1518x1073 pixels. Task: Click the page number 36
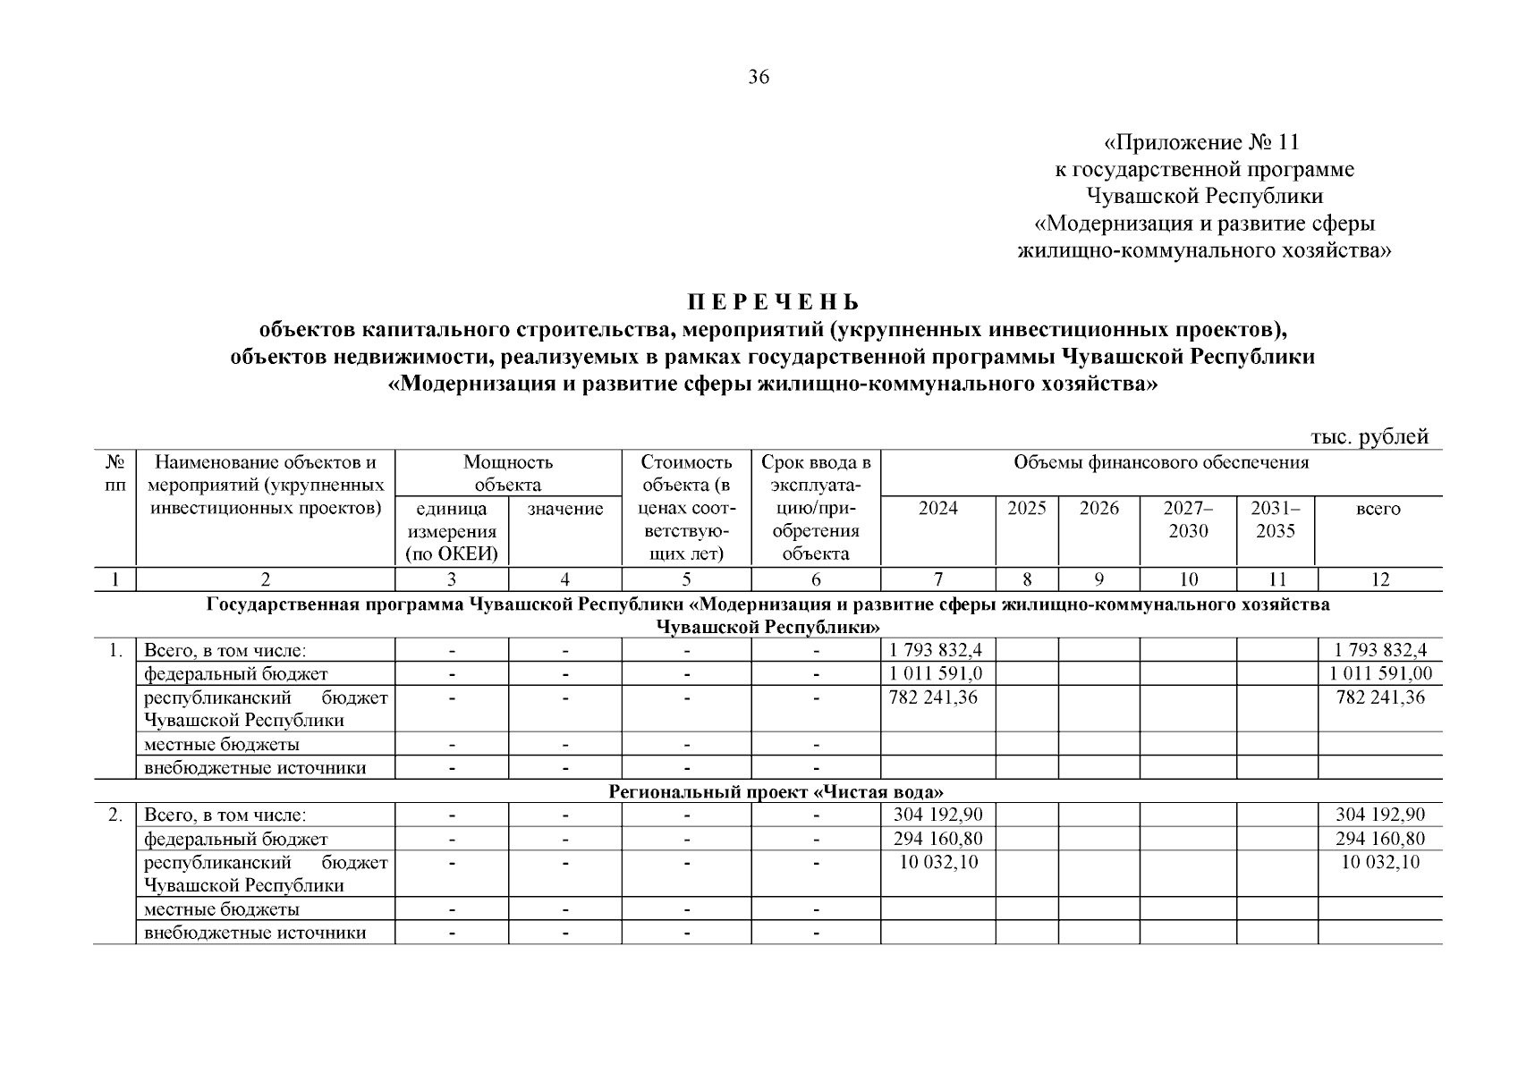pyautogui.click(x=758, y=78)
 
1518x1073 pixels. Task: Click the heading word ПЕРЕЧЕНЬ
pyautogui.click(x=773, y=302)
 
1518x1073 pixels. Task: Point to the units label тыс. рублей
pyautogui.click(x=1370, y=437)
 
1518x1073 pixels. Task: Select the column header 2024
pyautogui.click(x=937, y=509)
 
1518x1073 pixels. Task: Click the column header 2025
pyautogui.click(x=1026, y=509)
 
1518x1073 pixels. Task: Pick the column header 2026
pyautogui.click(x=1098, y=509)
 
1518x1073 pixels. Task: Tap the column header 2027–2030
pyautogui.click(x=1188, y=520)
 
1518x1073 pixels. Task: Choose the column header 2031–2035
pyautogui.click(x=1276, y=520)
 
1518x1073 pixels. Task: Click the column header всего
pyautogui.click(x=1378, y=509)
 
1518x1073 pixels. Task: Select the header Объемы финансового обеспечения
pyautogui.click(x=1160, y=463)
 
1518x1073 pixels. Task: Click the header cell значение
pyautogui.click(x=565, y=509)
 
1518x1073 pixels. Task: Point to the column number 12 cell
pyautogui.click(x=1379, y=579)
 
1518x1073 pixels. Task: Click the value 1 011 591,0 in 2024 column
pyautogui.click(x=937, y=674)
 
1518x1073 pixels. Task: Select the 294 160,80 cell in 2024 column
pyautogui.click(x=937, y=840)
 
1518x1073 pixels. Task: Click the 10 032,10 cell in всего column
pyautogui.click(x=1378, y=863)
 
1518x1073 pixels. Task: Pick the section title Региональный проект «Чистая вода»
pyautogui.click(x=776, y=792)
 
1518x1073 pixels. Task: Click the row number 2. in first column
pyautogui.click(x=115, y=815)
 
